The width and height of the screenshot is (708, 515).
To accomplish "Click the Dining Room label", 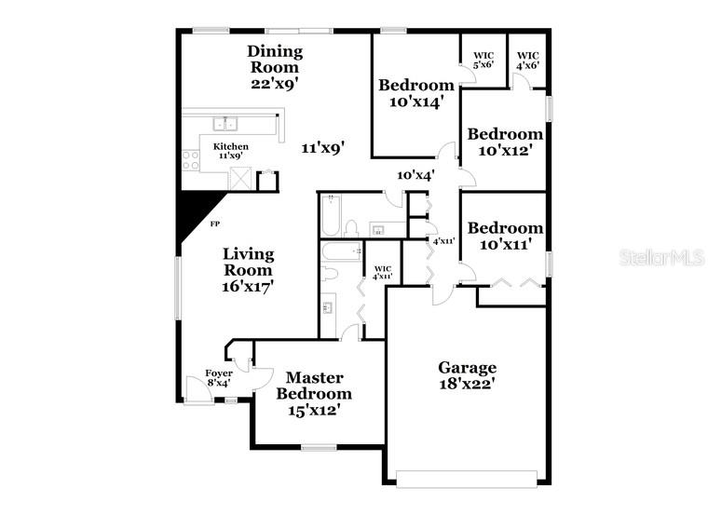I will (274, 66).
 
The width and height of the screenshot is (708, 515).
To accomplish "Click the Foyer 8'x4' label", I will (219, 378).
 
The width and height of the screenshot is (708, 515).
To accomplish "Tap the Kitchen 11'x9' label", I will (231, 151).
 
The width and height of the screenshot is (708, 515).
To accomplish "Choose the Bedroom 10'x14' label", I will (415, 93).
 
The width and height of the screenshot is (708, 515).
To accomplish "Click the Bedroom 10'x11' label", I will (505, 236).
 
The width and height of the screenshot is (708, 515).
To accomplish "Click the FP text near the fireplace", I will (214, 224).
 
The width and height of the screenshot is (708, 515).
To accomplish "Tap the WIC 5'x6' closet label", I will (483, 61).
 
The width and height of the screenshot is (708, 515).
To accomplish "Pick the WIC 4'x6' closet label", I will (527, 61).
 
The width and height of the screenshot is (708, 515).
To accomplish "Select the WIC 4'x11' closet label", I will (382, 272).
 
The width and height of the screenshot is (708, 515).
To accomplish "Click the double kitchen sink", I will (225, 123).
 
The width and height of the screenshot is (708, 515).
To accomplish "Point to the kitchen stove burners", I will (190, 160).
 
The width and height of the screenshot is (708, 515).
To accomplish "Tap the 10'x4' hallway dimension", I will (415, 175).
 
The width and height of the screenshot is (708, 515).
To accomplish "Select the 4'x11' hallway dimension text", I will (443, 240).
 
